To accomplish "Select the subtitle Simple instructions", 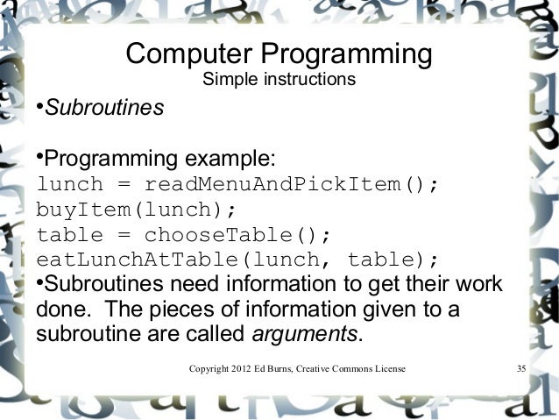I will click(x=279, y=82).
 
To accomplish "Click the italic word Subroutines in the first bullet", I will click(x=104, y=110).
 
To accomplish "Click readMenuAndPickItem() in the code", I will click(x=290, y=186).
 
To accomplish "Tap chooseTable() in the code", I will click(x=237, y=235).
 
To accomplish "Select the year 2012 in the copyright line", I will click(x=239, y=369).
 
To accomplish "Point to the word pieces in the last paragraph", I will click(x=182, y=310).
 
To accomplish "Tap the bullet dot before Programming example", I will click(x=39, y=159).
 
